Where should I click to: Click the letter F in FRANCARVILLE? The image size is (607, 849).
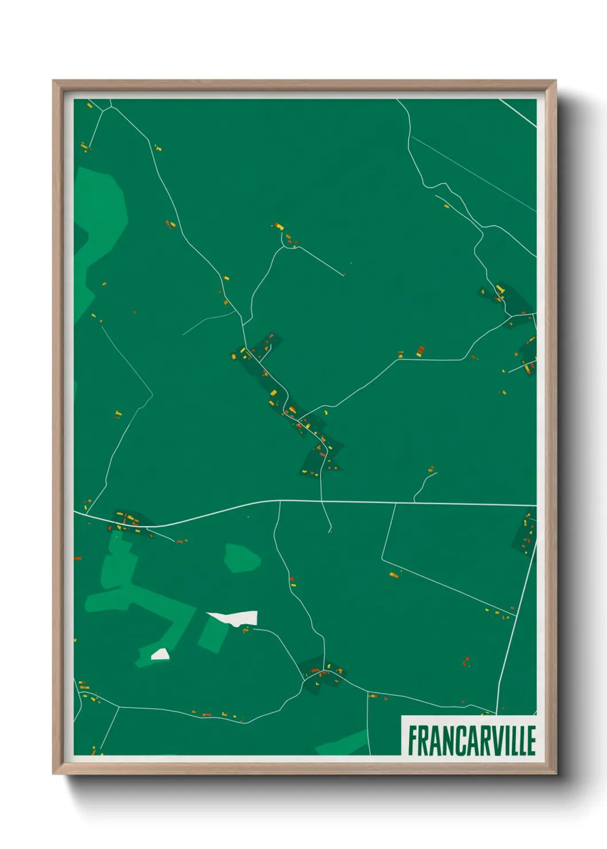tap(413, 741)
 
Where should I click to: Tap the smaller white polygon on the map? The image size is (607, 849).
tap(160, 655)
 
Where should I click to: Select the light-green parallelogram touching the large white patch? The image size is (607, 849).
tap(213, 634)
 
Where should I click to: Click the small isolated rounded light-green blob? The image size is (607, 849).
tap(242, 558)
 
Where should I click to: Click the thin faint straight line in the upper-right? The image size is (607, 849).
tap(473, 172)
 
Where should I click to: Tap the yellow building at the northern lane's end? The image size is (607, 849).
tap(279, 226)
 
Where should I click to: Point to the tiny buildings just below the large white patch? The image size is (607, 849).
tap(246, 630)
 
